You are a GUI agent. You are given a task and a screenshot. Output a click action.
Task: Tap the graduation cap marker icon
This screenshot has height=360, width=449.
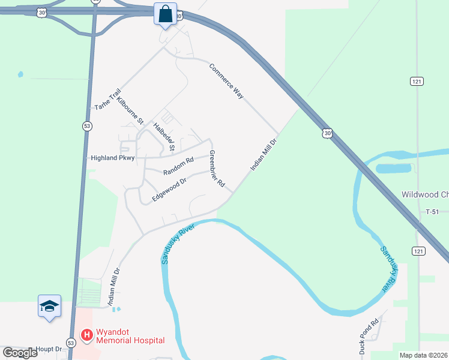pyautogui.click(x=49, y=306)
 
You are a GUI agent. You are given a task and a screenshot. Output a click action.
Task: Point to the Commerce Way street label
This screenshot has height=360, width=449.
pyautogui.click(x=226, y=80)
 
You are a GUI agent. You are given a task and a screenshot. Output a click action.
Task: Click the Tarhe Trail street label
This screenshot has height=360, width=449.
pyautogui.click(x=108, y=98)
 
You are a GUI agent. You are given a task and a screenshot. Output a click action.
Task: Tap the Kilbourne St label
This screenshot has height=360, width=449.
pyautogui.click(x=130, y=110)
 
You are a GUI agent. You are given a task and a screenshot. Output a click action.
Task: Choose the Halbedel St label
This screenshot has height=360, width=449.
pyautogui.click(x=164, y=137)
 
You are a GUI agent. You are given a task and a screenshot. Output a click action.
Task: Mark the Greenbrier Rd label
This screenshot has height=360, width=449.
pyautogui.click(x=216, y=168)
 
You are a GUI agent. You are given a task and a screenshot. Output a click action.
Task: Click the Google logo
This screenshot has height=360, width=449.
pyautogui.click(x=20, y=353)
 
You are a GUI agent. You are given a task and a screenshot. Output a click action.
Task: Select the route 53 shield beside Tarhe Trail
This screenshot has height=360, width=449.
pyautogui.click(x=87, y=125)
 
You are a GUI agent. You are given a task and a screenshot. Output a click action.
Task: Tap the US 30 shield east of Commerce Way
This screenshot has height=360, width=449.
pyautogui.click(x=326, y=133)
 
